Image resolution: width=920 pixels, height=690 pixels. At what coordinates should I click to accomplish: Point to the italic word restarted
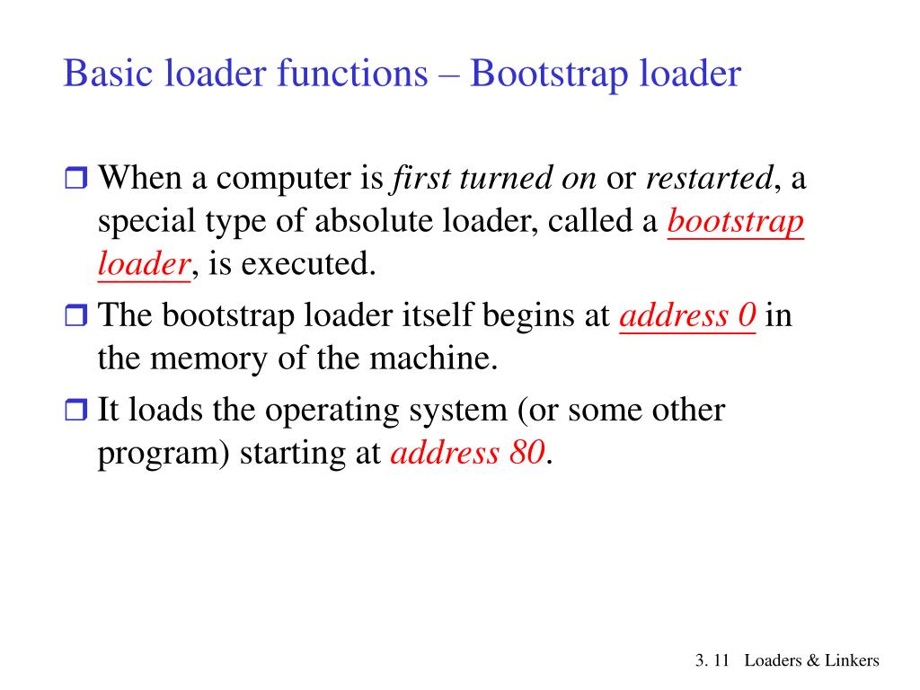tap(709, 178)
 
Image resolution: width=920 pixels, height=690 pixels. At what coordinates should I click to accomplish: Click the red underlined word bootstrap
tap(735, 221)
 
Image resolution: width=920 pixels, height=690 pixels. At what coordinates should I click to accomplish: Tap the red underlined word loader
tap(144, 264)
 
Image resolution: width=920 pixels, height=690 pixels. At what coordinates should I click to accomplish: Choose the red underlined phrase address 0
tap(688, 316)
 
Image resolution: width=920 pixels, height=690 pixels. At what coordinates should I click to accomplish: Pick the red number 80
tap(526, 454)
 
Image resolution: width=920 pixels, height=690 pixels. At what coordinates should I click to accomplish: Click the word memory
tap(210, 359)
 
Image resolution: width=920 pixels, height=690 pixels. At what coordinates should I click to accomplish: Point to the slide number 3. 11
tap(711, 661)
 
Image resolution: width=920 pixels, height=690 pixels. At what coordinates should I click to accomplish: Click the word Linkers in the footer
tap(853, 661)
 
